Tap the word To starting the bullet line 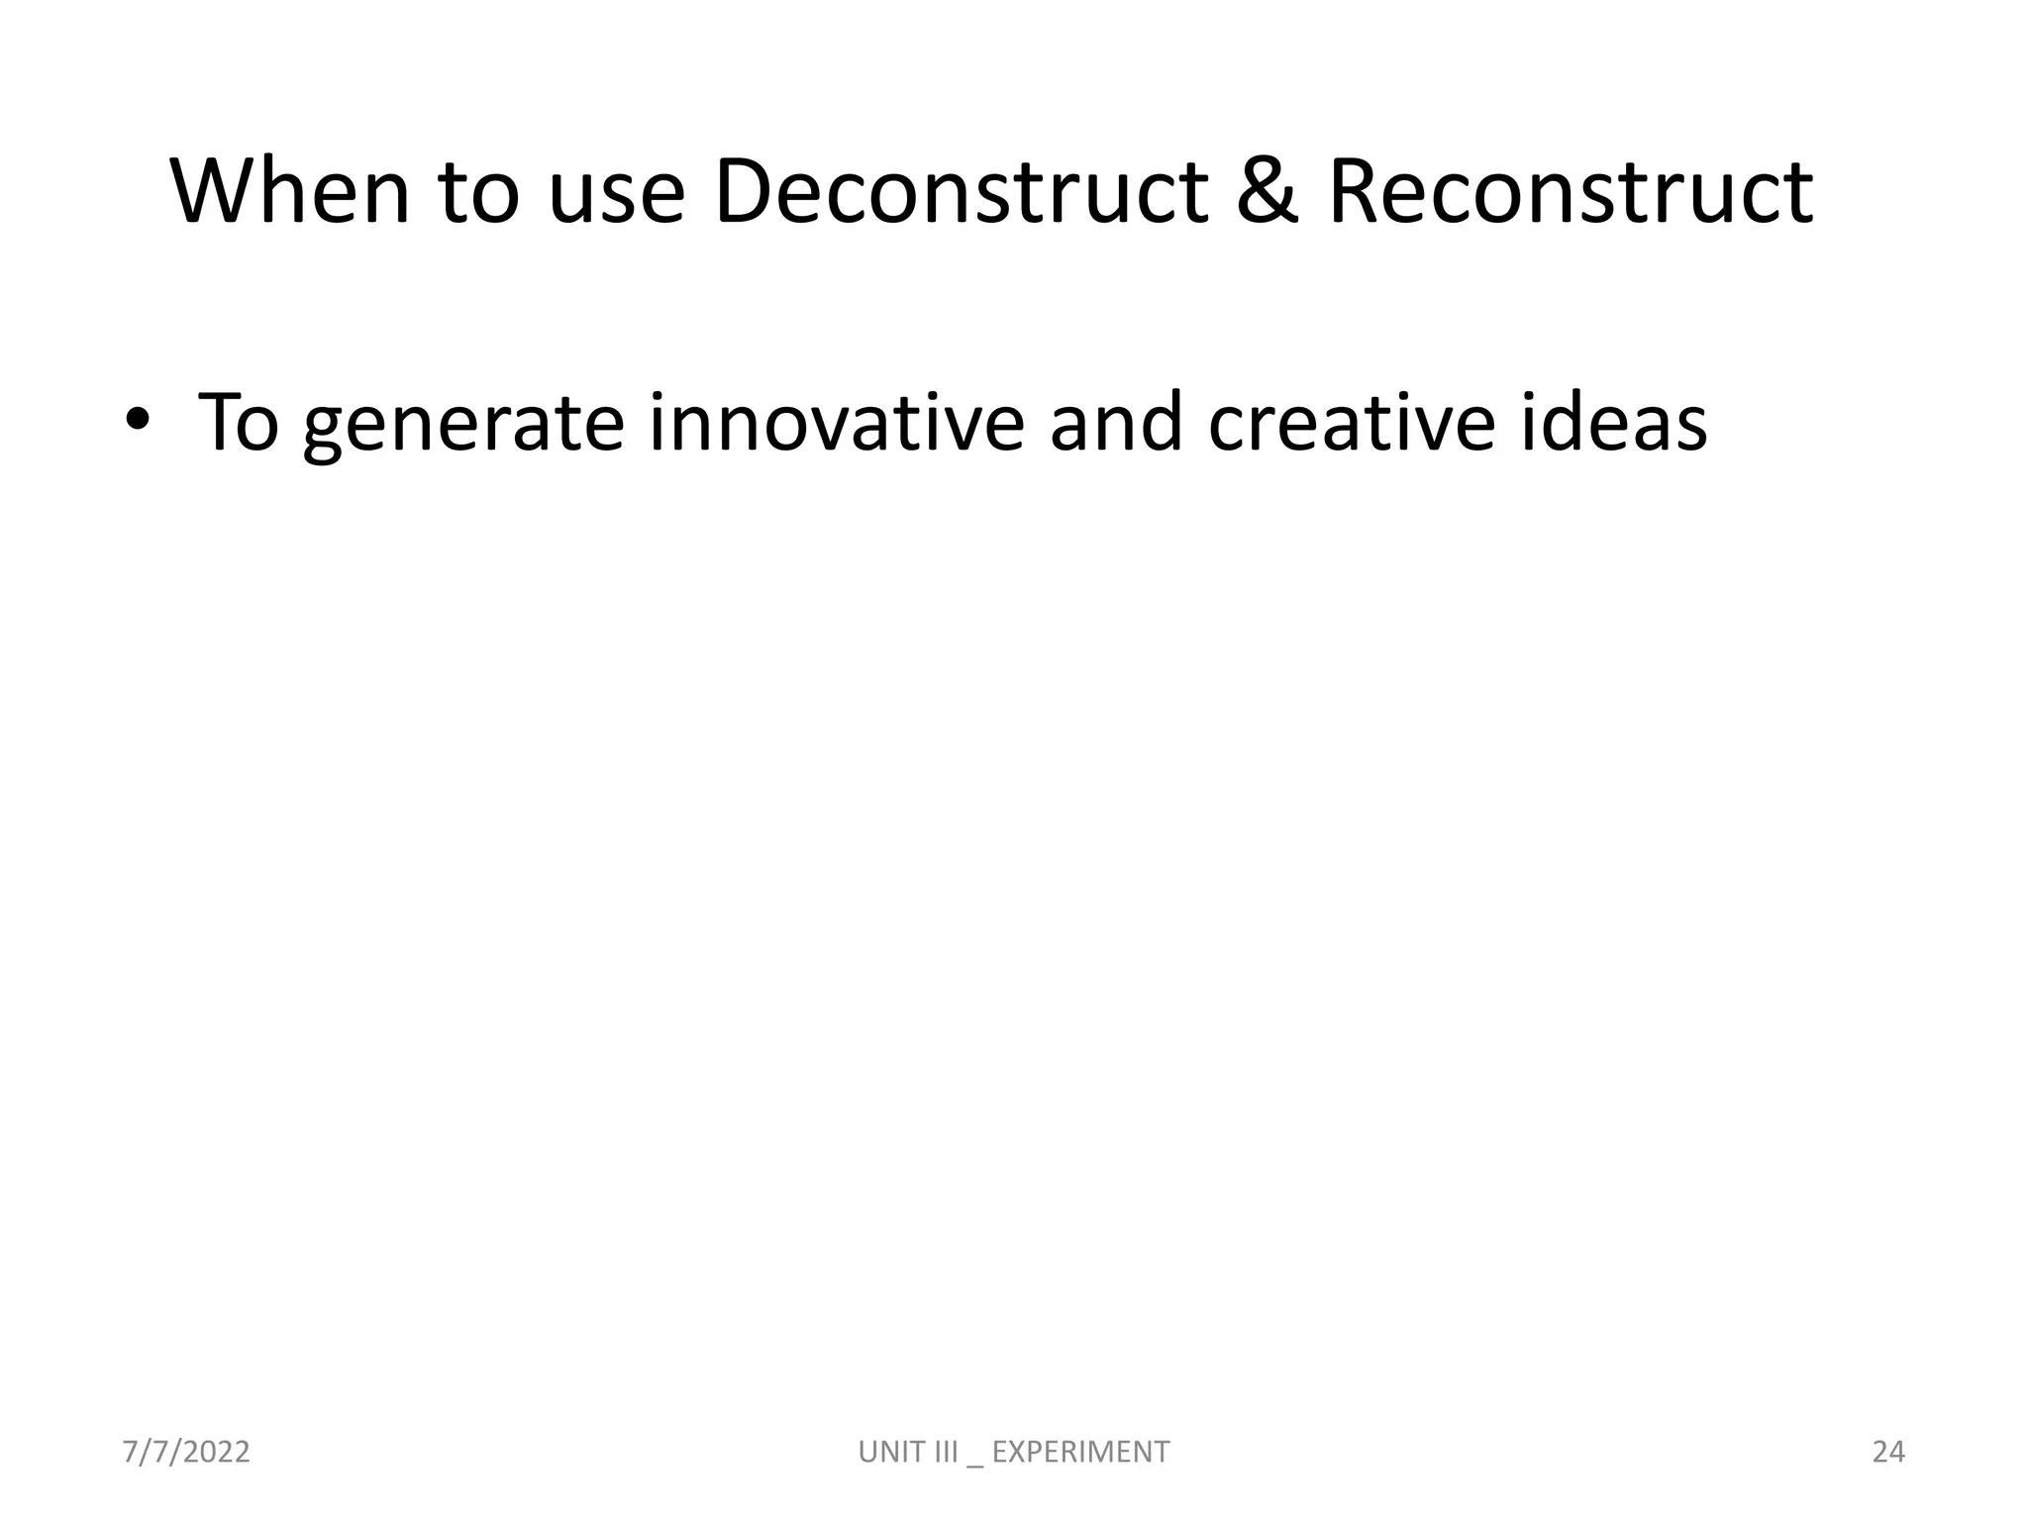[239, 423]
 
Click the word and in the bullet [1116, 423]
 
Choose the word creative [1351, 423]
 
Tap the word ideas [1613, 423]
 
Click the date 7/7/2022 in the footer [186, 1452]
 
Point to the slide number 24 [1888, 1452]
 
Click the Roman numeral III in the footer [946, 1452]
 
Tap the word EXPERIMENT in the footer [1080, 1452]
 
